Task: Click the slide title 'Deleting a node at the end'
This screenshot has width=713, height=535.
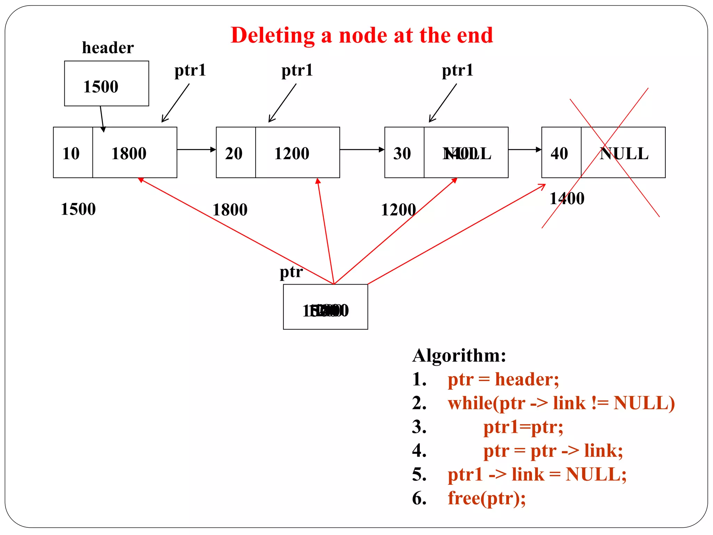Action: tap(361, 36)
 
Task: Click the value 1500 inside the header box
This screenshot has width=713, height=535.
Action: tap(101, 86)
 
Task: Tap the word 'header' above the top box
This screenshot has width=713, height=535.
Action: tap(108, 48)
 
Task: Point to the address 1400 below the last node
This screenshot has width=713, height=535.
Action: tap(567, 199)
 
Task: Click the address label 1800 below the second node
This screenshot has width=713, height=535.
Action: tap(230, 210)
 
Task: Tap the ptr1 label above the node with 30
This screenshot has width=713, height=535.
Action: tap(457, 70)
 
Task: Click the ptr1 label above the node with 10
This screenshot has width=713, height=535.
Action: tap(190, 70)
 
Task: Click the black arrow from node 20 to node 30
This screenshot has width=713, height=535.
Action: tap(362, 149)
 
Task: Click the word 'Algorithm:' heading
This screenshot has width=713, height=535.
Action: tap(459, 356)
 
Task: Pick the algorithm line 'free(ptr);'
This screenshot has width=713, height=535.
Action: tap(486, 498)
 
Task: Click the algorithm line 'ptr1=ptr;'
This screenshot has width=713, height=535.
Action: tap(523, 427)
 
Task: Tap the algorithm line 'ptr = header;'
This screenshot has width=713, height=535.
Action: tap(503, 379)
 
